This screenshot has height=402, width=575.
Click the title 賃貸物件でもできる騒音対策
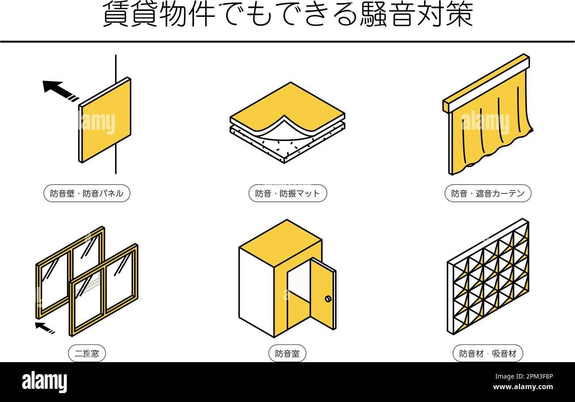pos(287,15)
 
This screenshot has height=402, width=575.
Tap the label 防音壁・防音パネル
pos(87,193)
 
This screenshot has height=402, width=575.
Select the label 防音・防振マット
pos(287,193)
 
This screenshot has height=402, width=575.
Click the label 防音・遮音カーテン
pos(487,193)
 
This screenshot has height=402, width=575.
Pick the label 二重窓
pos(87,354)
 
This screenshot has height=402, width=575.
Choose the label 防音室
pos(287,354)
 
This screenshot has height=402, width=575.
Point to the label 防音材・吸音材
pos(487,354)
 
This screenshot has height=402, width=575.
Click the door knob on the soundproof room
pos(328,299)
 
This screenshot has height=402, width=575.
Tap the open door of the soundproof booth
pos(322,294)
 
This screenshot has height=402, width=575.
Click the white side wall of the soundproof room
pos(256,292)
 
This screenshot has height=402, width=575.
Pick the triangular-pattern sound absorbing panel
pos(487,277)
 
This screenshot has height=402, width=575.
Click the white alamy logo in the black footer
pos(44,382)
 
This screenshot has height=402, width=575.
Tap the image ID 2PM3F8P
pos(523,377)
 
